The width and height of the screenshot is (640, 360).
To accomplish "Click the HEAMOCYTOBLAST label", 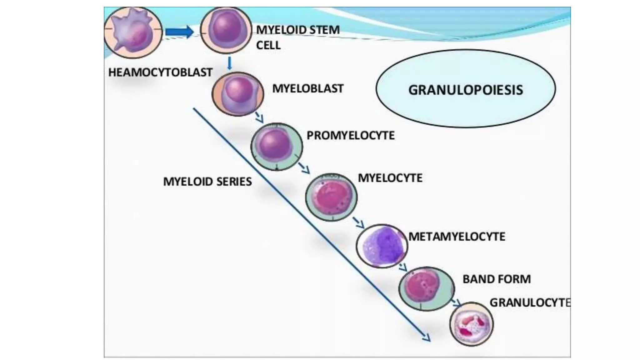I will [x=160, y=72].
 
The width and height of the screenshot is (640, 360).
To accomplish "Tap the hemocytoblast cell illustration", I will [x=133, y=32].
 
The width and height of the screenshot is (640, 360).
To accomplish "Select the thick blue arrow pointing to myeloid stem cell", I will [x=179, y=32].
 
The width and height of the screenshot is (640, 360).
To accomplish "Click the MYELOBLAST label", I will [x=308, y=88].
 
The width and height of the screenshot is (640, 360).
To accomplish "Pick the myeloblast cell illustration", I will [x=238, y=94].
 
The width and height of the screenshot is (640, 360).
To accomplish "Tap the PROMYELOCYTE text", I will [x=350, y=135].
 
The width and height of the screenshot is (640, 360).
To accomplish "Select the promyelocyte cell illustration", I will [x=277, y=147].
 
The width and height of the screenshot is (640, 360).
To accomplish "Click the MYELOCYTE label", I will [x=390, y=178].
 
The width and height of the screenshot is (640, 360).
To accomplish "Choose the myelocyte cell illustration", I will [x=331, y=197].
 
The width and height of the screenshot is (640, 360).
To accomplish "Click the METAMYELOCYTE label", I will [x=457, y=237].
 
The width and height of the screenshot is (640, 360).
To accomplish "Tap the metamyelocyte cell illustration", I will [x=382, y=246].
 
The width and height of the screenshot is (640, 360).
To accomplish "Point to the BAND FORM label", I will [x=497, y=279].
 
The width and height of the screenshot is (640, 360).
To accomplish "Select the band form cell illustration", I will [x=427, y=288].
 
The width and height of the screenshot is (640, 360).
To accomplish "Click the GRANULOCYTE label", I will [x=529, y=302].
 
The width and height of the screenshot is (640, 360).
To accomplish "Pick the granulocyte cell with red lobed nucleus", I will [x=472, y=324].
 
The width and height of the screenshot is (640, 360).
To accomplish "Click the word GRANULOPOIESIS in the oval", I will [x=465, y=90].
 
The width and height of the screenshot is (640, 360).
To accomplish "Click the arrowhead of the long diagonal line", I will [x=427, y=338].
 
